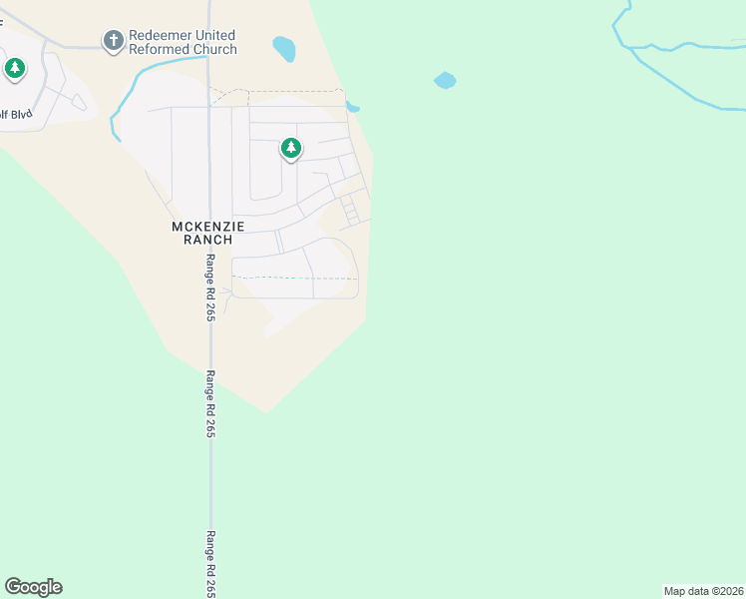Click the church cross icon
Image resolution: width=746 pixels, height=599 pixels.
click(x=114, y=41)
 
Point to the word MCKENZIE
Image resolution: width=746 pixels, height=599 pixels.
click(x=208, y=227)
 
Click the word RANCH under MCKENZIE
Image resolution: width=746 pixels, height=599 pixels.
click(x=208, y=240)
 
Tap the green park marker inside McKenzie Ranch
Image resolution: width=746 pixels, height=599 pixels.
click(x=290, y=150)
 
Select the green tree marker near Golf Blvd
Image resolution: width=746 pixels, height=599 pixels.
click(x=14, y=69)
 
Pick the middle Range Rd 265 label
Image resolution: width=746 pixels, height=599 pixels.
click(x=210, y=403)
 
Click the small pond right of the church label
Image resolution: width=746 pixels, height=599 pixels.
click(x=284, y=48)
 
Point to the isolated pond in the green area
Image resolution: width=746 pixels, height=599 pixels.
click(x=445, y=80)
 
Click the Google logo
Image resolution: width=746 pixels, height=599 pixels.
click(x=33, y=587)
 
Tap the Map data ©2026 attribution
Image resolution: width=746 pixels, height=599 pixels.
click(x=704, y=591)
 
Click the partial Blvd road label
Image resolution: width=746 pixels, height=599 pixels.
click(x=17, y=114)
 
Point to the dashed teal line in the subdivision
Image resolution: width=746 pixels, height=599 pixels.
click(x=294, y=278)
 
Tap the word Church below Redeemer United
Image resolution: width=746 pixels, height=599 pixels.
click(x=215, y=49)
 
